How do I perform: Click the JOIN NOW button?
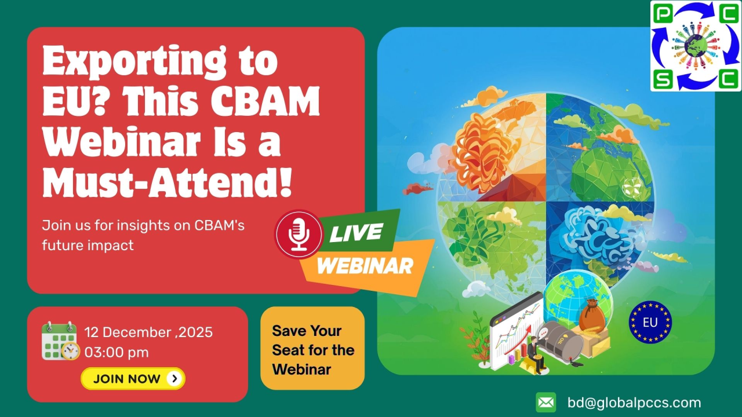[x=133, y=379]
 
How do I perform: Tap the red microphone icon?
[x=299, y=234]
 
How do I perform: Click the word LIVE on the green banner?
[x=356, y=233]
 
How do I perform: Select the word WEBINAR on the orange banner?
[x=365, y=266]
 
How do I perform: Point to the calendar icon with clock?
[x=60, y=341]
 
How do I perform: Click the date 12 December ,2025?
[x=148, y=332]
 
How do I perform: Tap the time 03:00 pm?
[x=117, y=352]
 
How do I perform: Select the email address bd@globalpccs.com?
[x=634, y=403]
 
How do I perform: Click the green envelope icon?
[x=545, y=403]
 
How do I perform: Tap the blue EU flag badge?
[x=650, y=323]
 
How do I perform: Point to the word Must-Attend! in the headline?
[x=167, y=181]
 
